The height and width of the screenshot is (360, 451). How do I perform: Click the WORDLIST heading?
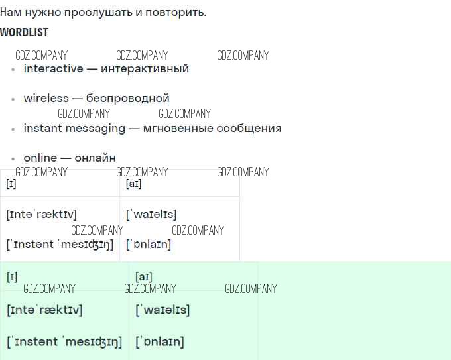tap(24, 32)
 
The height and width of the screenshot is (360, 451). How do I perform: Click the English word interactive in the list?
tap(53, 68)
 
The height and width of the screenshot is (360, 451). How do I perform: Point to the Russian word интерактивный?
tap(145, 68)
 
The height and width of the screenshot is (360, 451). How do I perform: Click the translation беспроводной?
tap(128, 98)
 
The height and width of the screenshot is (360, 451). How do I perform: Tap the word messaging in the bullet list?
tap(95, 128)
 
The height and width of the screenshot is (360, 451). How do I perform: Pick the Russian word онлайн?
tap(95, 158)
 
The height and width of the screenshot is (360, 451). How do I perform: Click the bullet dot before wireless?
tap(13, 99)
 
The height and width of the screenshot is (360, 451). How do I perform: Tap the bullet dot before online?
tap(13, 159)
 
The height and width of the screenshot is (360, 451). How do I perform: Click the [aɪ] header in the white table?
tap(133, 184)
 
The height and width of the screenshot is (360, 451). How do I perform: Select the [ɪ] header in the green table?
tap(12, 277)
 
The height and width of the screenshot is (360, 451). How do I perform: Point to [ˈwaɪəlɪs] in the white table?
tap(151, 214)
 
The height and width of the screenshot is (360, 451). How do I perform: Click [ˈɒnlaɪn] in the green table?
tap(159, 342)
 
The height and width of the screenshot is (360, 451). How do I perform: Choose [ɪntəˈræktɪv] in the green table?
tap(44, 310)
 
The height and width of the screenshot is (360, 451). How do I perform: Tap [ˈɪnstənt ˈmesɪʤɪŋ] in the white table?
tap(60, 244)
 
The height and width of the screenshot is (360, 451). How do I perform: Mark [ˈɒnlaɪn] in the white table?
tap(149, 244)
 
